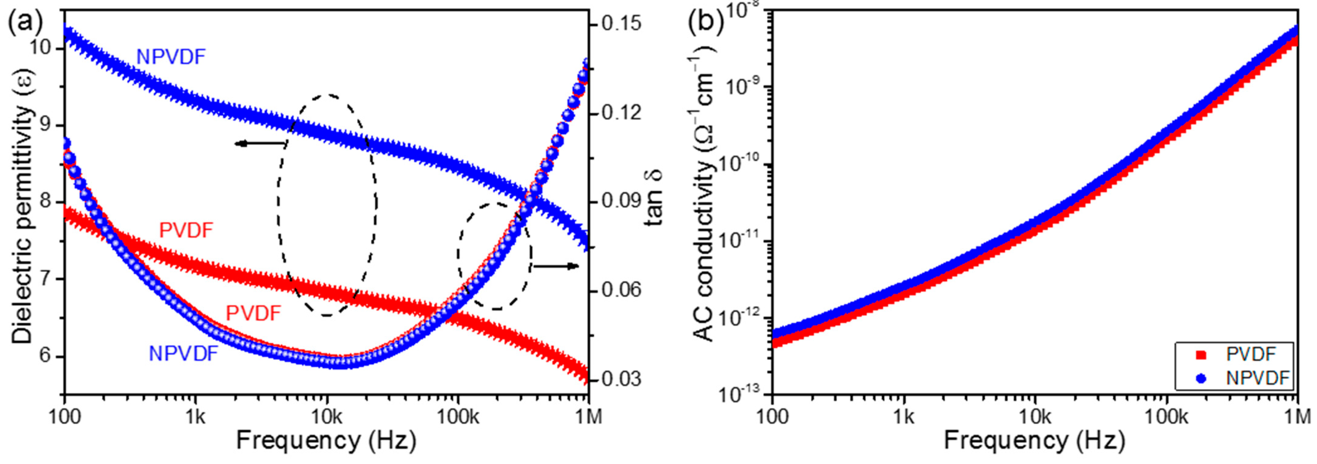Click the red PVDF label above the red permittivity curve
click(186, 231)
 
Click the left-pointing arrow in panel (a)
click(261, 144)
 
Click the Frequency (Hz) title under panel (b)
click(1034, 440)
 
